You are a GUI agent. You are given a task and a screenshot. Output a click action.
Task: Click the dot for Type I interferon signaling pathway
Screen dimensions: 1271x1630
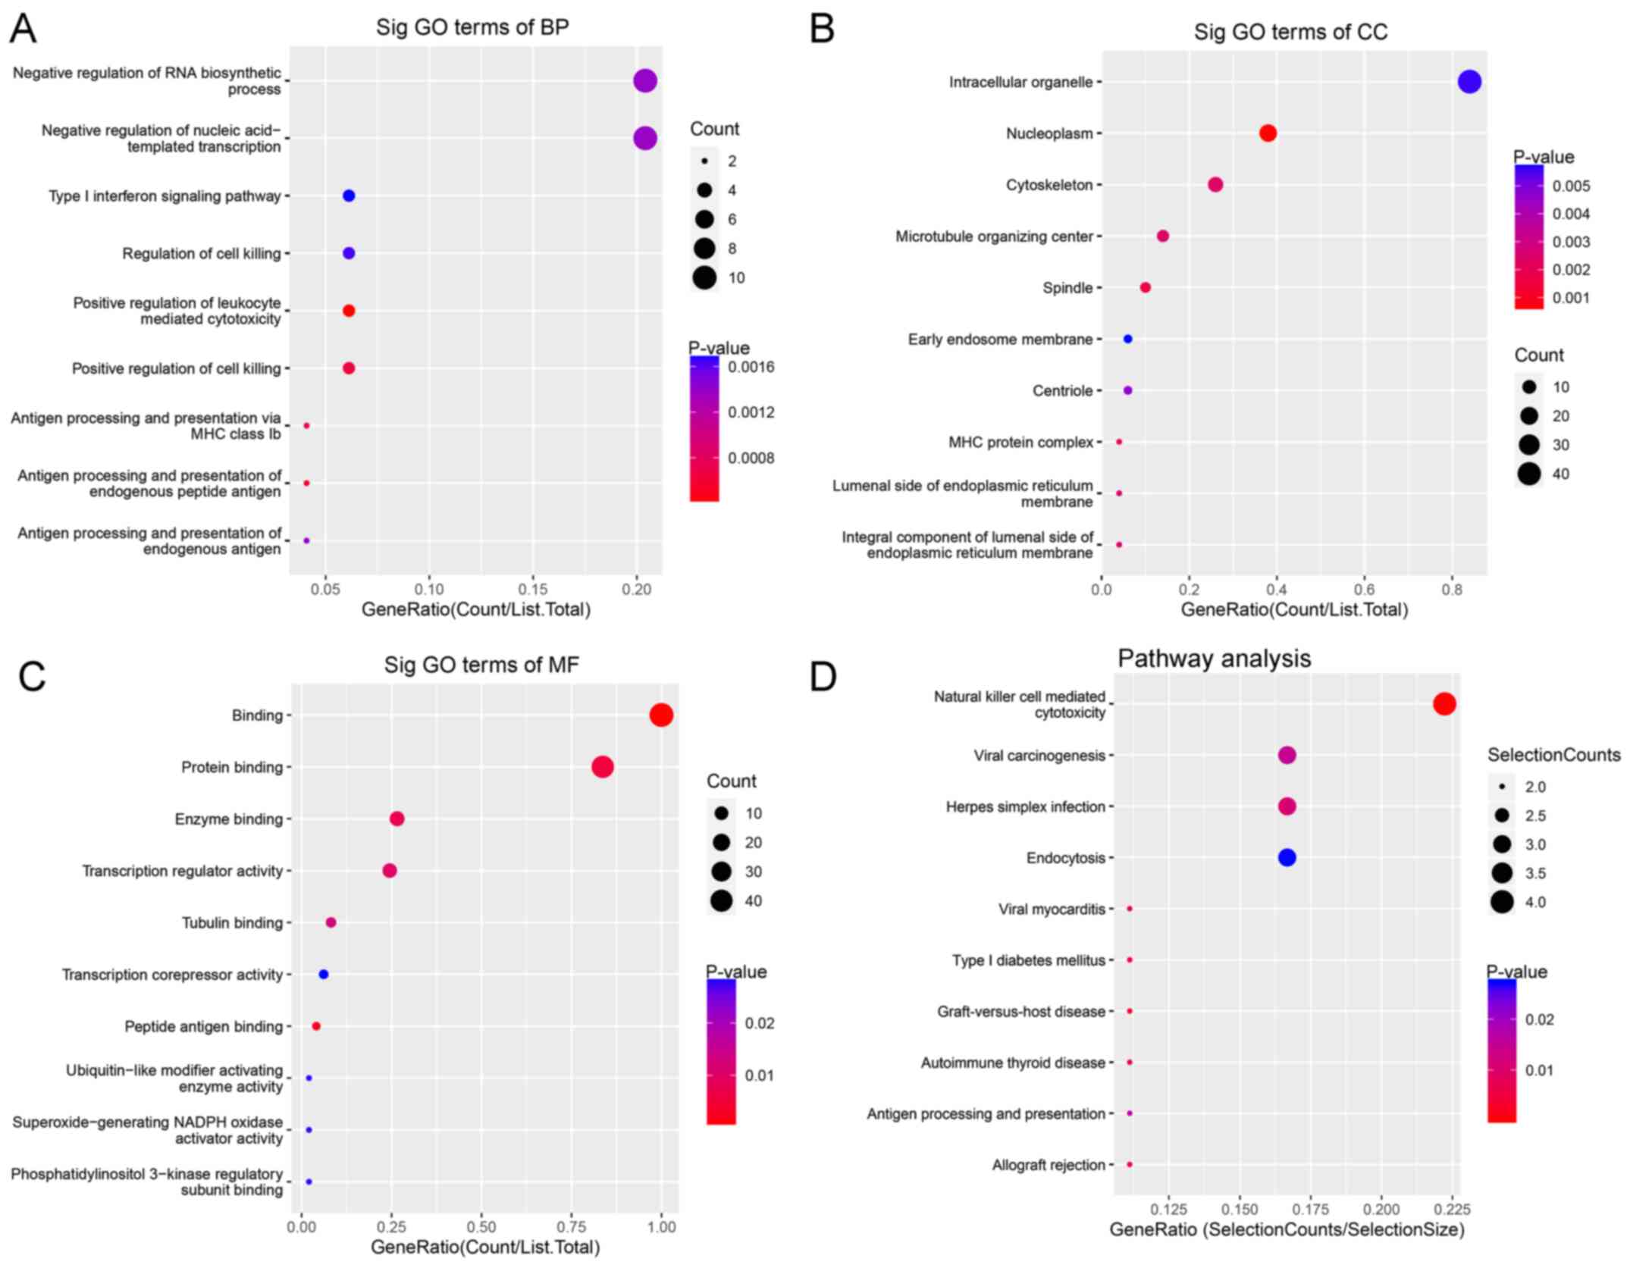pos(349,196)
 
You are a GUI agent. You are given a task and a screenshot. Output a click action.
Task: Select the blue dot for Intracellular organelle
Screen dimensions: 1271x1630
pos(1469,82)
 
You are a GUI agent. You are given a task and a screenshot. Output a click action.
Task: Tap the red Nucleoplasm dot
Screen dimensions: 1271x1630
pos(1268,133)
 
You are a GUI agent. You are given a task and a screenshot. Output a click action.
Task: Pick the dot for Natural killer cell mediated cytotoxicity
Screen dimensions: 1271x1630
pos(1444,704)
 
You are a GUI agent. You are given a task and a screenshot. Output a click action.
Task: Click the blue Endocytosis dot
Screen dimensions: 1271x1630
pos(1287,857)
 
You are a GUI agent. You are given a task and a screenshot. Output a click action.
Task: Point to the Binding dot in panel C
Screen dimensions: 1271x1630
pos(661,715)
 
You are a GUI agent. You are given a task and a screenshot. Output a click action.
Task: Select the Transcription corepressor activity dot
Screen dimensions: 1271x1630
pos(324,974)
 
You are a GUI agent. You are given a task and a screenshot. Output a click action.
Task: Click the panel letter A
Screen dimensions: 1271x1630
pos(24,29)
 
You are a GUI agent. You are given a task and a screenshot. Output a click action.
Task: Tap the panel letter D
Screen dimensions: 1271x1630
pos(823,677)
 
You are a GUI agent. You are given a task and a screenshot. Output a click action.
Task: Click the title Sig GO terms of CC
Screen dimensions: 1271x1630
pos(1290,32)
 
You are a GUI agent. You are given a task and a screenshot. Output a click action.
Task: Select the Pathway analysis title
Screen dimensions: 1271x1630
pos(1214,658)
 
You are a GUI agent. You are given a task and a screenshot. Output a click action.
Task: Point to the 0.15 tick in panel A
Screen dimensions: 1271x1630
pos(532,590)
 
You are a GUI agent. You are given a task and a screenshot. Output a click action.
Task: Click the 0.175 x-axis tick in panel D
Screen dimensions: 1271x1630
pos(1311,1208)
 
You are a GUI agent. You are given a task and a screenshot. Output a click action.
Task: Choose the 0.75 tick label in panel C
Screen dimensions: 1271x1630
pos(572,1227)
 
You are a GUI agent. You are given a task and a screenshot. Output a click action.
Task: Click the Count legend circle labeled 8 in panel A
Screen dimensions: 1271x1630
pos(704,249)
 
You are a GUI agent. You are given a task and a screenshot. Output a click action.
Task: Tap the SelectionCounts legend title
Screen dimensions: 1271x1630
pos(1553,755)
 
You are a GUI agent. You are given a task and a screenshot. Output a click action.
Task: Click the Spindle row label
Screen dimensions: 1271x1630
pos(1067,288)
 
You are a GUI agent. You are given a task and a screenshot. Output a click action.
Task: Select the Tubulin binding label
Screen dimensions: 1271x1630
pos(232,922)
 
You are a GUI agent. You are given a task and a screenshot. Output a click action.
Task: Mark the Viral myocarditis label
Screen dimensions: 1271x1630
pos(1052,909)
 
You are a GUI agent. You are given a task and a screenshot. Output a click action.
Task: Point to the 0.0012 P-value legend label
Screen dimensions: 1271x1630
pos(751,412)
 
